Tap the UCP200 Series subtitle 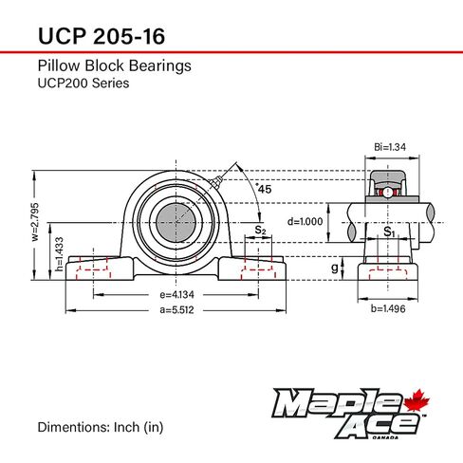83,83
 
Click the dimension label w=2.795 32,227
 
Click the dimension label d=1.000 306,221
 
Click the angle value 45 265,188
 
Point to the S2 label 260,229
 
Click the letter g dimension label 333,268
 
